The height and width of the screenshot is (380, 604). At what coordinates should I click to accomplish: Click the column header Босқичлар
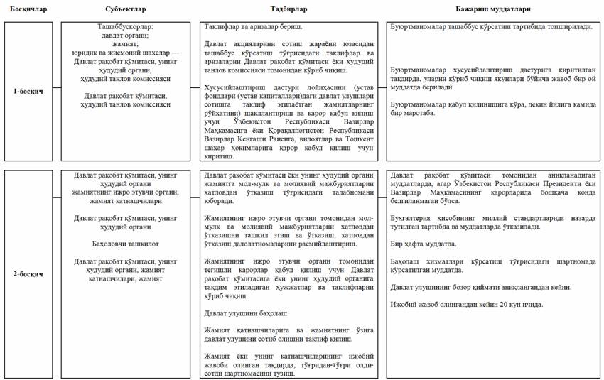(24, 9)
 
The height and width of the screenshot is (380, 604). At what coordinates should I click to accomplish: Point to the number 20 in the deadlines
(497, 305)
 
